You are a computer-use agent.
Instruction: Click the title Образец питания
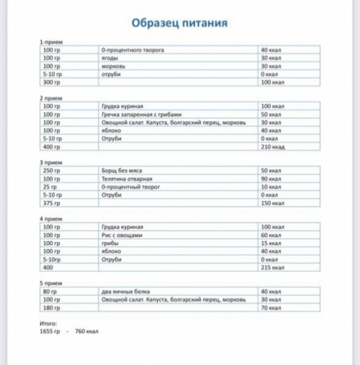tap(180, 23)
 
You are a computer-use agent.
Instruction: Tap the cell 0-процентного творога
tap(133, 50)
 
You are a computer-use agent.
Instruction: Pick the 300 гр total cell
tap(52, 82)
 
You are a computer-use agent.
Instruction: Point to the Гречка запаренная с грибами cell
tap(142, 114)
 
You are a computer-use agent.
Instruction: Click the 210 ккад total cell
tap(273, 147)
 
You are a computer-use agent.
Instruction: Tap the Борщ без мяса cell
tap(122, 171)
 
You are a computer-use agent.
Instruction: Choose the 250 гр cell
tap(52, 171)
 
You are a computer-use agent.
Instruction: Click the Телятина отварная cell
tap(127, 179)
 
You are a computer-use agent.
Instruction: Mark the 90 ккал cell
tap(271, 179)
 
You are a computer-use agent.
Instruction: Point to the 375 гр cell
tap(52, 203)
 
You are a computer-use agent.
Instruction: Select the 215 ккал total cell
tap(273, 267)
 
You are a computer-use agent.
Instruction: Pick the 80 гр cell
tap(50, 291)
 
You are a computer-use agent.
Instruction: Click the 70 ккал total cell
tap(271, 308)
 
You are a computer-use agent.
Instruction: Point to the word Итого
tap(48, 324)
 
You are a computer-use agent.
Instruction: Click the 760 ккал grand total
tap(86, 332)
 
